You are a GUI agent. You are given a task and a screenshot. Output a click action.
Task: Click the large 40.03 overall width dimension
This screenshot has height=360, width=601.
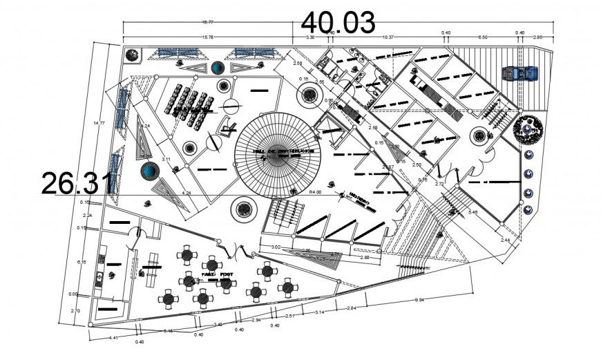338,21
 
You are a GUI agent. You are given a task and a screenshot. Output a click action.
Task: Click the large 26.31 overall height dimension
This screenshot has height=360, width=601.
76,183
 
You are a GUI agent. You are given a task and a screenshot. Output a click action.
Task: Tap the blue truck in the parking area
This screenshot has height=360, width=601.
522,73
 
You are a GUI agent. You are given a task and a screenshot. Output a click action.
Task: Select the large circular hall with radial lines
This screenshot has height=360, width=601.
278,153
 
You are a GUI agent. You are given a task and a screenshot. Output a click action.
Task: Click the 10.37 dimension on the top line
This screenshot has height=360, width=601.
388,37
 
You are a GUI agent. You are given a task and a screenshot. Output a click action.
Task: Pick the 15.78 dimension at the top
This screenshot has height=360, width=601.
207,37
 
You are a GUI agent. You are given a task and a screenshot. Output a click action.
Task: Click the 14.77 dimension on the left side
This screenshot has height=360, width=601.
99,123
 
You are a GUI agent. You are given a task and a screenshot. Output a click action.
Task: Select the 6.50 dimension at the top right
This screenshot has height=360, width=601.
483,37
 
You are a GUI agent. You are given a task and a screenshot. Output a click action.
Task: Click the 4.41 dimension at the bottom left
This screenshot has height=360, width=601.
113,337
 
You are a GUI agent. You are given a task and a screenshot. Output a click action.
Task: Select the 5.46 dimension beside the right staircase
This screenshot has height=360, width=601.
473,212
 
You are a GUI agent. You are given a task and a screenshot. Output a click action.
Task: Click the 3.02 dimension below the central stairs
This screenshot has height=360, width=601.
276,247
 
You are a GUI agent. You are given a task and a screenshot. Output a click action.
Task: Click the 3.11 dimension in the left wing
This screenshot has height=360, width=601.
166,160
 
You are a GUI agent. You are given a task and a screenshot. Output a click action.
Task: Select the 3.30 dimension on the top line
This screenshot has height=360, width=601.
310,37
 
